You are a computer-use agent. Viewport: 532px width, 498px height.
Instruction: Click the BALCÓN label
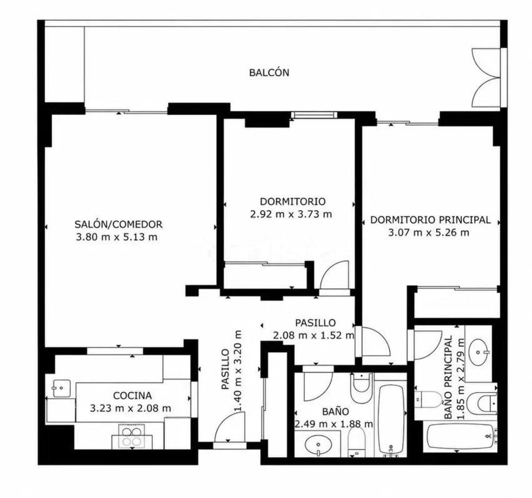point(269,73)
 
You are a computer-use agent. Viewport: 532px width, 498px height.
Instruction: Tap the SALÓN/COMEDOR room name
point(118,224)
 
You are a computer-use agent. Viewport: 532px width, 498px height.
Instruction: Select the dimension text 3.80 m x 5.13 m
point(117,237)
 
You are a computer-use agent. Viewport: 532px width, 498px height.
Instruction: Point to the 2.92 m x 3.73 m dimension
point(291,214)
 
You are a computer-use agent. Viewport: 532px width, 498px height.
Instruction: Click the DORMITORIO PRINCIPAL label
point(430,220)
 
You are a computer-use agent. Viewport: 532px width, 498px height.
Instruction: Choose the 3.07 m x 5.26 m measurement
point(429,232)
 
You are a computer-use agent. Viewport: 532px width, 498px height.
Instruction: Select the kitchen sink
point(61,388)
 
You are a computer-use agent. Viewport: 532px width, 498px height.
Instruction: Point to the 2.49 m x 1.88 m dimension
point(334,424)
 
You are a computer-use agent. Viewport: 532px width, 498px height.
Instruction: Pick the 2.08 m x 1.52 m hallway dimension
point(313,335)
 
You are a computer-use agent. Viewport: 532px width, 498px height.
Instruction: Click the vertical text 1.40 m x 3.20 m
point(238,370)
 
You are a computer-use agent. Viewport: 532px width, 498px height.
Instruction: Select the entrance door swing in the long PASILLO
point(230,427)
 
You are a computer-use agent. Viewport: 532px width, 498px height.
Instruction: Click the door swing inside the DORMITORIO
point(335,275)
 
